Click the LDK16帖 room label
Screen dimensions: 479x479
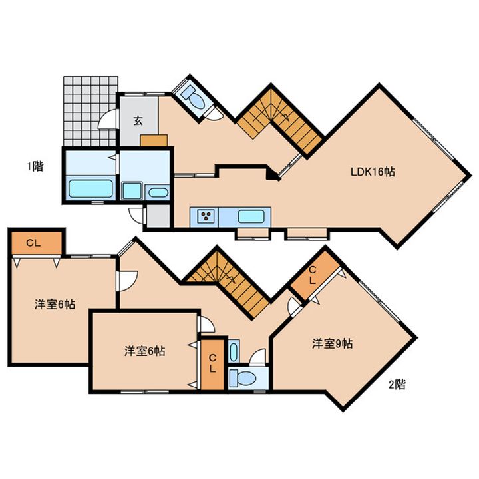tap(373, 172)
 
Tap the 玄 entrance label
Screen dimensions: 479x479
tap(138, 121)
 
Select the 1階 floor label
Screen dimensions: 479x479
tap(35, 166)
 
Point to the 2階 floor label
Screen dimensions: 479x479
tap(397, 384)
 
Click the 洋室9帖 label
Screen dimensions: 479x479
tap(333, 344)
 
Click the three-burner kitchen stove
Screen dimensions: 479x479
tap(204, 216)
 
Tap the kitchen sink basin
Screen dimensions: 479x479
tap(251, 216)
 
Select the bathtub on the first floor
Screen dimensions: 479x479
tap(90, 188)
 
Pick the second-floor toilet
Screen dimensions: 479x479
tap(243, 378)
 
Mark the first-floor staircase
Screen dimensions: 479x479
tap(279, 122)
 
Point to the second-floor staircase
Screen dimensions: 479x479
tap(228, 282)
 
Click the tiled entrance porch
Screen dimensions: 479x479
tap(90, 111)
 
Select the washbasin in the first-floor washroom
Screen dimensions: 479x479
tap(158, 192)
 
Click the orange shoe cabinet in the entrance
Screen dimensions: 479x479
tap(154, 140)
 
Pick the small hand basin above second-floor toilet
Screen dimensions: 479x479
tap(234, 351)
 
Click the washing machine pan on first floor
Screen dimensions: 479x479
tap(132, 191)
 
